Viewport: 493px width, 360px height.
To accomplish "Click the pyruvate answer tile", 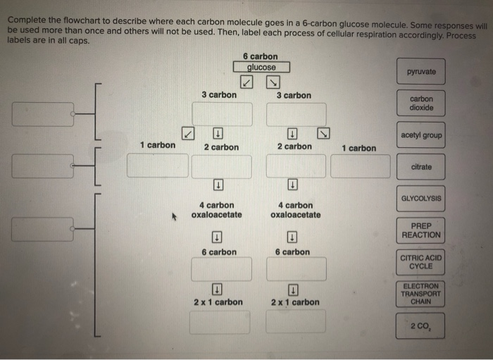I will [421, 72].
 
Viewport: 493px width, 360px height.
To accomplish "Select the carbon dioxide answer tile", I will [421, 104].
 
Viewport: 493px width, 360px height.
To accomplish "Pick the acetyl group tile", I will [421, 135].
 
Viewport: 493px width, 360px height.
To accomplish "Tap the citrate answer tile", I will [421, 167].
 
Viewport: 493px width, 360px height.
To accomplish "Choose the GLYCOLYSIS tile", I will [421, 199].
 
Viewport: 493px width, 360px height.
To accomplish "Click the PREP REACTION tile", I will [421, 230].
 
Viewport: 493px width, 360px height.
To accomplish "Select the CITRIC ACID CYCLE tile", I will [421, 262].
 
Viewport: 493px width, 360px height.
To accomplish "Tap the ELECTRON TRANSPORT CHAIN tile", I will [421, 293].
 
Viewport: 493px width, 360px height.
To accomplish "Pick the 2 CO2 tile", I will [421, 325].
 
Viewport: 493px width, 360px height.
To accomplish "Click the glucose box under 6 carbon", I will [261, 68].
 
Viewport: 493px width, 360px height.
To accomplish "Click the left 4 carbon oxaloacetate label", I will [216, 210].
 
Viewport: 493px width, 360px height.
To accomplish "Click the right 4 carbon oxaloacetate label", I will [295, 210].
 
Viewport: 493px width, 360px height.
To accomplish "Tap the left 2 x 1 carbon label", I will [218, 302].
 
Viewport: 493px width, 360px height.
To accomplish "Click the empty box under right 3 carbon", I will [296, 114].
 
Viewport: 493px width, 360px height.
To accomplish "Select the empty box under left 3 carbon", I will [223, 114].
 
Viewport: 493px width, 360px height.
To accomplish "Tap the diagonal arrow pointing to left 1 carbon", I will [187, 133].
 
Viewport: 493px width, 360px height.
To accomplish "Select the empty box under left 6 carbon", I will [221, 268].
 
